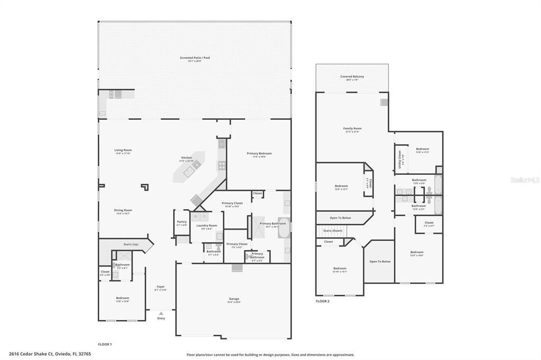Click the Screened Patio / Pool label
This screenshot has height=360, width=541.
pos(195,58)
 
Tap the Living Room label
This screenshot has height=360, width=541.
pos(123,150)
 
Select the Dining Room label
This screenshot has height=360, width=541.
pos(123,210)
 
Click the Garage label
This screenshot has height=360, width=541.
pos(234,299)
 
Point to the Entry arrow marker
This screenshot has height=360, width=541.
pos(161,314)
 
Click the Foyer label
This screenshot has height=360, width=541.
pos(161,287)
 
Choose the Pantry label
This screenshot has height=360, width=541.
pos(182,222)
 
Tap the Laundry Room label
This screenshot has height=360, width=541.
pos(207,225)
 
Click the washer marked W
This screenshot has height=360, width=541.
pos(196,216)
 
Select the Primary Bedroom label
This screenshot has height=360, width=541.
pos(259,154)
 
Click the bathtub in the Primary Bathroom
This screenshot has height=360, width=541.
pos(284,229)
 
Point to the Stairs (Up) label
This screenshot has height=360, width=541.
pos(130,244)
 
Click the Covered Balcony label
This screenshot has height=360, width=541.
pos(352,77)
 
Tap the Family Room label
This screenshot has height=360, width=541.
pos(352,128)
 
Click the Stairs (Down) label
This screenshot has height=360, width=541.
pos(333,230)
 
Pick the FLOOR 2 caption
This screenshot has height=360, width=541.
pos(322,301)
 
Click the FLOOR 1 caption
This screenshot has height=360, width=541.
pos(105,344)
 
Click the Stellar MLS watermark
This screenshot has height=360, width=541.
pos(525,180)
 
